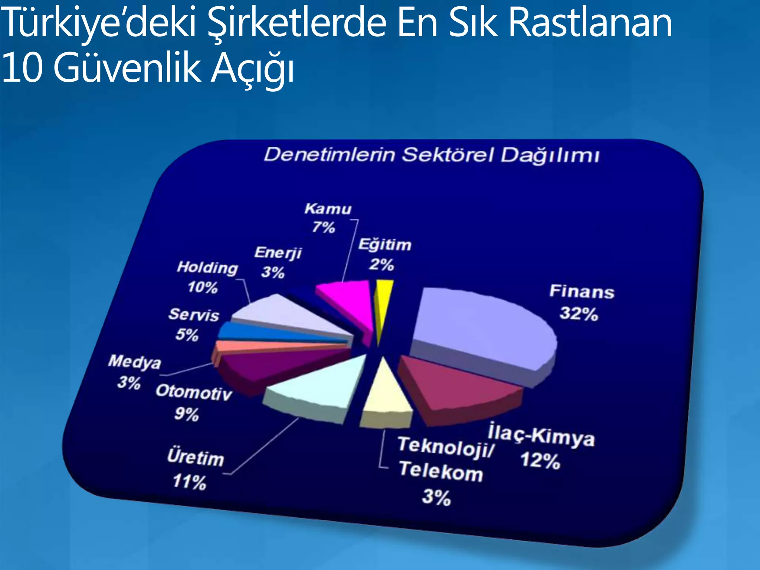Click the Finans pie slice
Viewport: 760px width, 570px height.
(482, 330)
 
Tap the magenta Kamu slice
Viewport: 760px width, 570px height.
(349, 301)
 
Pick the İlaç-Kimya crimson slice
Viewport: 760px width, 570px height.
(456, 386)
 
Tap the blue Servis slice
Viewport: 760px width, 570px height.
(260, 332)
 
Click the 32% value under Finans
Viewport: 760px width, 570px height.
(579, 314)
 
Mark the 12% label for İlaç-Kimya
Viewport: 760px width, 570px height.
(540, 461)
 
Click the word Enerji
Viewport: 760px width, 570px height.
(278, 253)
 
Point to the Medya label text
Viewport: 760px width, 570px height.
(135, 362)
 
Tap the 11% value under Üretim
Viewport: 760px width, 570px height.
(189, 482)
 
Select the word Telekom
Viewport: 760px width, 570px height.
(441, 471)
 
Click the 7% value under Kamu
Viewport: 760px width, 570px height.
(324, 227)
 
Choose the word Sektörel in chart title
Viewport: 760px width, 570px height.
(448, 155)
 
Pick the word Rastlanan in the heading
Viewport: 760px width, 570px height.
(590, 23)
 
